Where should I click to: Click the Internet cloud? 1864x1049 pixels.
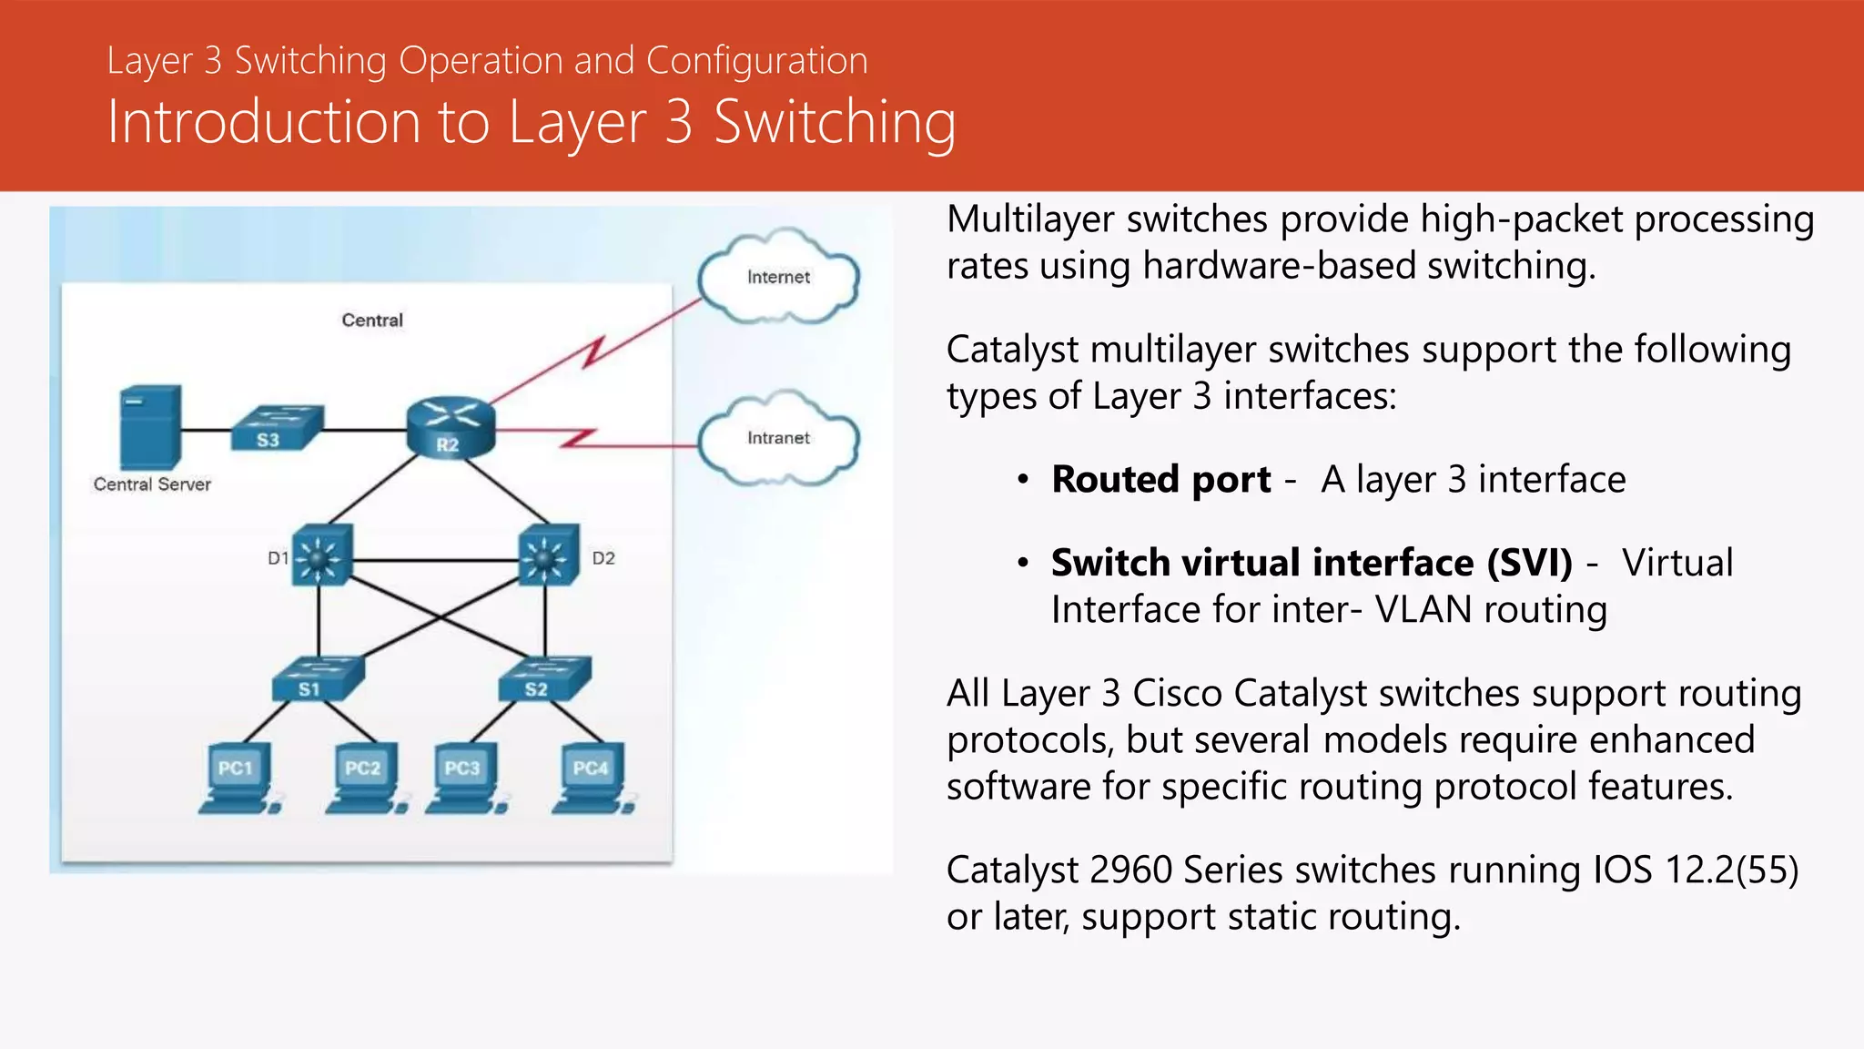click(778, 278)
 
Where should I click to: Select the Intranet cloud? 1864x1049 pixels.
click(778, 439)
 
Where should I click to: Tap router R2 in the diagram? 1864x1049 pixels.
click(450, 427)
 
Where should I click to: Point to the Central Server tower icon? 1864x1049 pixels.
click(150, 426)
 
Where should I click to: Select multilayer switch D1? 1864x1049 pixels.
click(320, 555)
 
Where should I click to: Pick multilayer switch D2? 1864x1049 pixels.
click(548, 555)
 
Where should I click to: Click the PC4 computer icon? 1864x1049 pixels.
click(593, 779)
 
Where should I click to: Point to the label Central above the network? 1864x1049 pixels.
click(372, 321)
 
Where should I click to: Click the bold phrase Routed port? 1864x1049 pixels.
click(1160, 480)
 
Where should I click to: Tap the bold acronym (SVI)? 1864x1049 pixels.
click(1529, 563)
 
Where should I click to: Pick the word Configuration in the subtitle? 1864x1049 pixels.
click(756, 61)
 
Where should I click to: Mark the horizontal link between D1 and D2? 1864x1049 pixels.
click(435, 560)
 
